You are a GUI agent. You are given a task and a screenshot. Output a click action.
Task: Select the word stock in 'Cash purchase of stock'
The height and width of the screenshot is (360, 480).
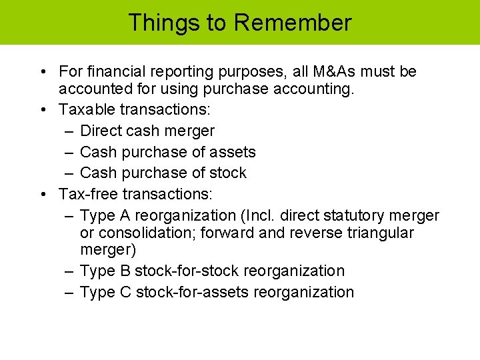click(227, 173)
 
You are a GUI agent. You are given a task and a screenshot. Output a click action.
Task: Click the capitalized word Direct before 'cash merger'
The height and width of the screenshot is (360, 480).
click(101, 131)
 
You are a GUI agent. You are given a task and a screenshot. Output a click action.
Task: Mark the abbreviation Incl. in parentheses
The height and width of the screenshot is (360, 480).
click(259, 215)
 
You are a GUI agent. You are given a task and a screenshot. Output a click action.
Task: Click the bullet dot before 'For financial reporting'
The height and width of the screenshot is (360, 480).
click(42, 72)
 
